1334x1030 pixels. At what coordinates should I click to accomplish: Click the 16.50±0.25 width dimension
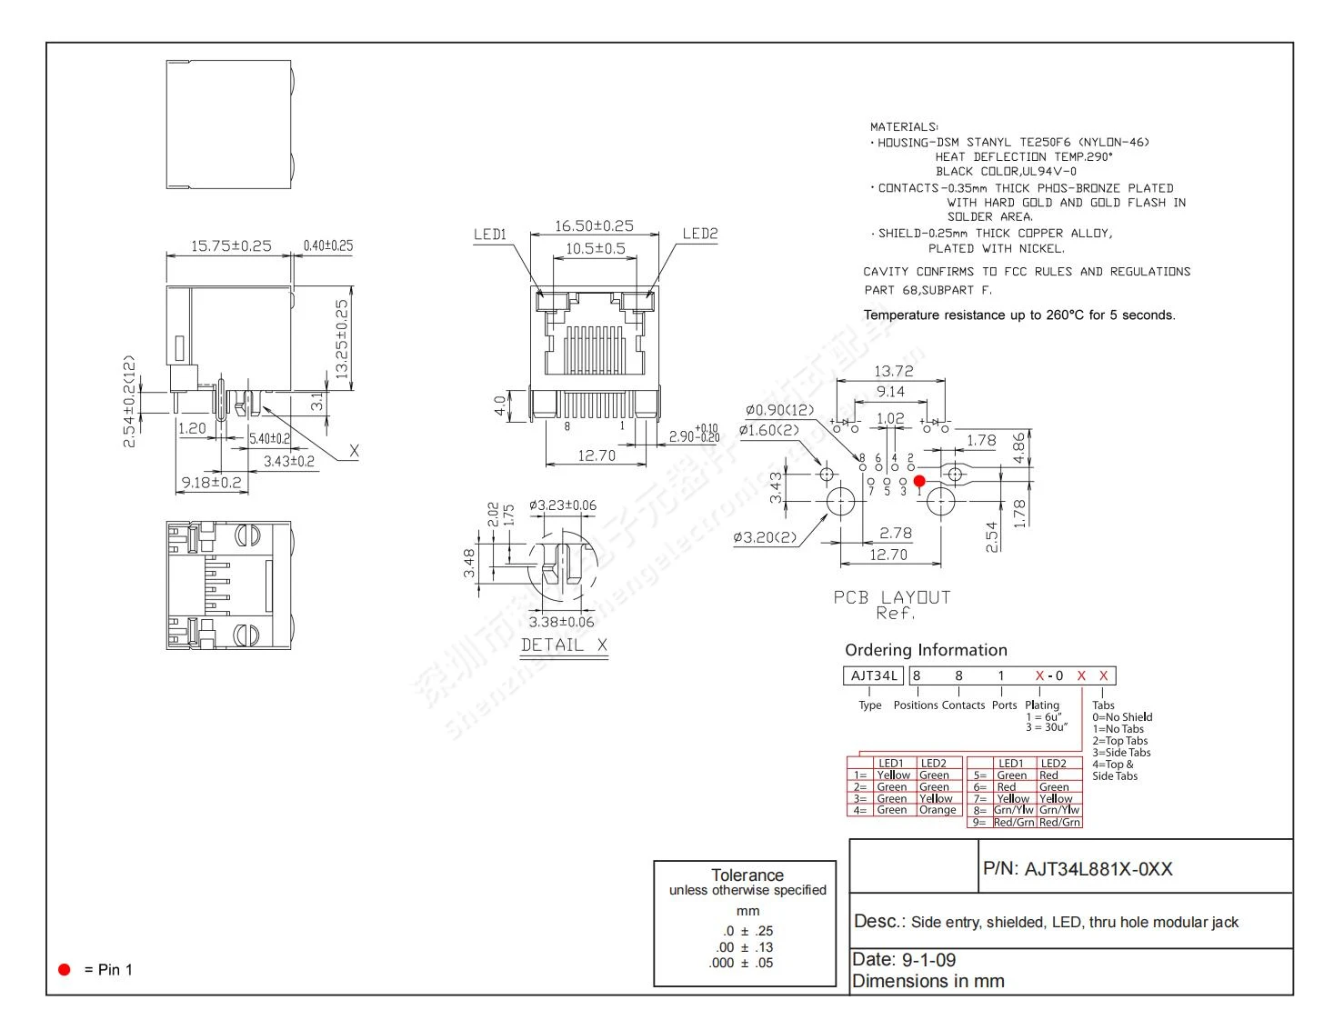(594, 225)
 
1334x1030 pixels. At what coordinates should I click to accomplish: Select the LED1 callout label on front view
(489, 235)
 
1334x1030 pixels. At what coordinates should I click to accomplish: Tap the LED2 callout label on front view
(699, 234)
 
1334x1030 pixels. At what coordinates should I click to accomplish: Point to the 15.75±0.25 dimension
(230, 245)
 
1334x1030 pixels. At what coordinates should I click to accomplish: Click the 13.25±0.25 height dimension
(342, 339)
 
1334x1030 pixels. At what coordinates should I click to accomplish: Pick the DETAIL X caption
(564, 645)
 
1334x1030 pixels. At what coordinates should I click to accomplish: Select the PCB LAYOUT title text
(891, 597)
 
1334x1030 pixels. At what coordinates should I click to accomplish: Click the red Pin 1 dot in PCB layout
(919, 481)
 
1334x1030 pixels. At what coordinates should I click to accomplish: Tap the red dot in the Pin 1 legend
(65, 969)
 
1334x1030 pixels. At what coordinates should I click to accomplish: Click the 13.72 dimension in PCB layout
(893, 371)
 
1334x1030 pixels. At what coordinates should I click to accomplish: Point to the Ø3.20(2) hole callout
(765, 537)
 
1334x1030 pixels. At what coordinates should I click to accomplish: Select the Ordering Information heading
(926, 650)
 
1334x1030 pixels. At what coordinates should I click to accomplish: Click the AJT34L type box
(873, 675)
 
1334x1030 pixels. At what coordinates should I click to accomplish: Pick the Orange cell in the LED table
(937, 810)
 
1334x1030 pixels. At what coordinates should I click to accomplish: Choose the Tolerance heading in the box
(747, 875)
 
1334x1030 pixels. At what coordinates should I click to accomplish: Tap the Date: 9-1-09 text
(903, 959)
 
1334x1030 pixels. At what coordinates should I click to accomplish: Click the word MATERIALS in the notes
(903, 127)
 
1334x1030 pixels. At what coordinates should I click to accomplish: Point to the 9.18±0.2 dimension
(211, 482)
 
